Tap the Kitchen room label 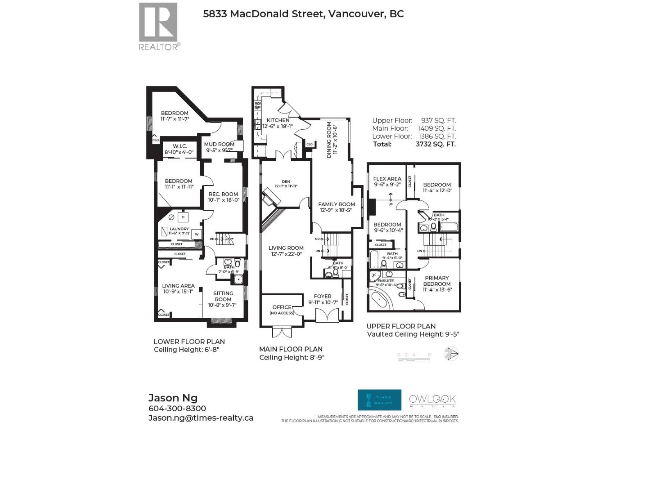pyautogui.click(x=278, y=120)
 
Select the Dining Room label pyautogui.click(x=329, y=140)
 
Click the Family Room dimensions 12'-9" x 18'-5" pyautogui.click(x=336, y=210)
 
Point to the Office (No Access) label pyautogui.click(x=282, y=310)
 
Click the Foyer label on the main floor pyautogui.click(x=323, y=296)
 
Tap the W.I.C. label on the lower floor pyautogui.click(x=180, y=146)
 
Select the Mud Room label pyautogui.click(x=219, y=144)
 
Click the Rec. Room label pyautogui.click(x=223, y=194)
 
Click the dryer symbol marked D pyautogui.click(x=183, y=217)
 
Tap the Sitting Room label pyautogui.click(x=223, y=296)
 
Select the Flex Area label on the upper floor pyautogui.click(x=387, y=179)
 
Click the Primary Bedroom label pyautogui.click(x=437, y=281)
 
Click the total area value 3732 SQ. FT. pyautogui.click(x=435, y=144)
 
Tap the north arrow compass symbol pyautogui.click(x=451, y=353)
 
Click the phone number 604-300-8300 pyautogui.click(x=177, y=408)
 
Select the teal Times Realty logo pyautogui.click(x=379, y=400)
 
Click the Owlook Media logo pyautogui.click(x=432, y=400)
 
